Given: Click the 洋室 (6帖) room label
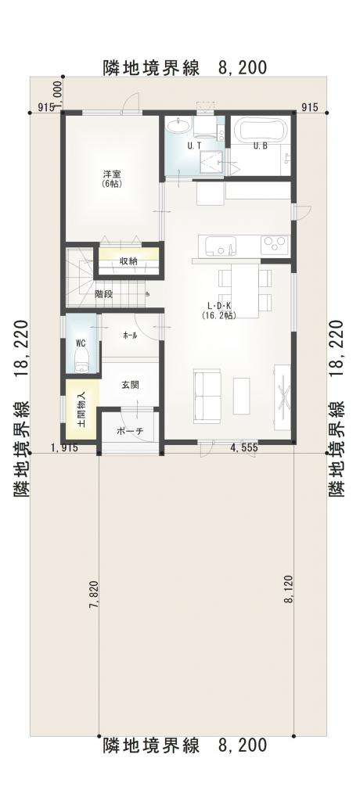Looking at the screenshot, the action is coord(112,178).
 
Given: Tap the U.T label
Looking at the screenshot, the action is coord(193,145).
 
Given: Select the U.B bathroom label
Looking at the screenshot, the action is coord(261,145).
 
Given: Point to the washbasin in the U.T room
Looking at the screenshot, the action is coord(179,125).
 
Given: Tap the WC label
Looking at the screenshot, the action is coord(81,341).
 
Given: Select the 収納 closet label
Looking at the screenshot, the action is coord(128,260).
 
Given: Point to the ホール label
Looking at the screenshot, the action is coord(130,336).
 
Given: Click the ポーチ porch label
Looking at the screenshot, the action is coord(130,431).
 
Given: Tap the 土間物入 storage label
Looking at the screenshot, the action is coord(81,408).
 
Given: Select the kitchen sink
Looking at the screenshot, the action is coord(221,246).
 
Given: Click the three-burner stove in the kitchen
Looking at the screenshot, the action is coord(275,245).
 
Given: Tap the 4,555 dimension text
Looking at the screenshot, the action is coord(243,448).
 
